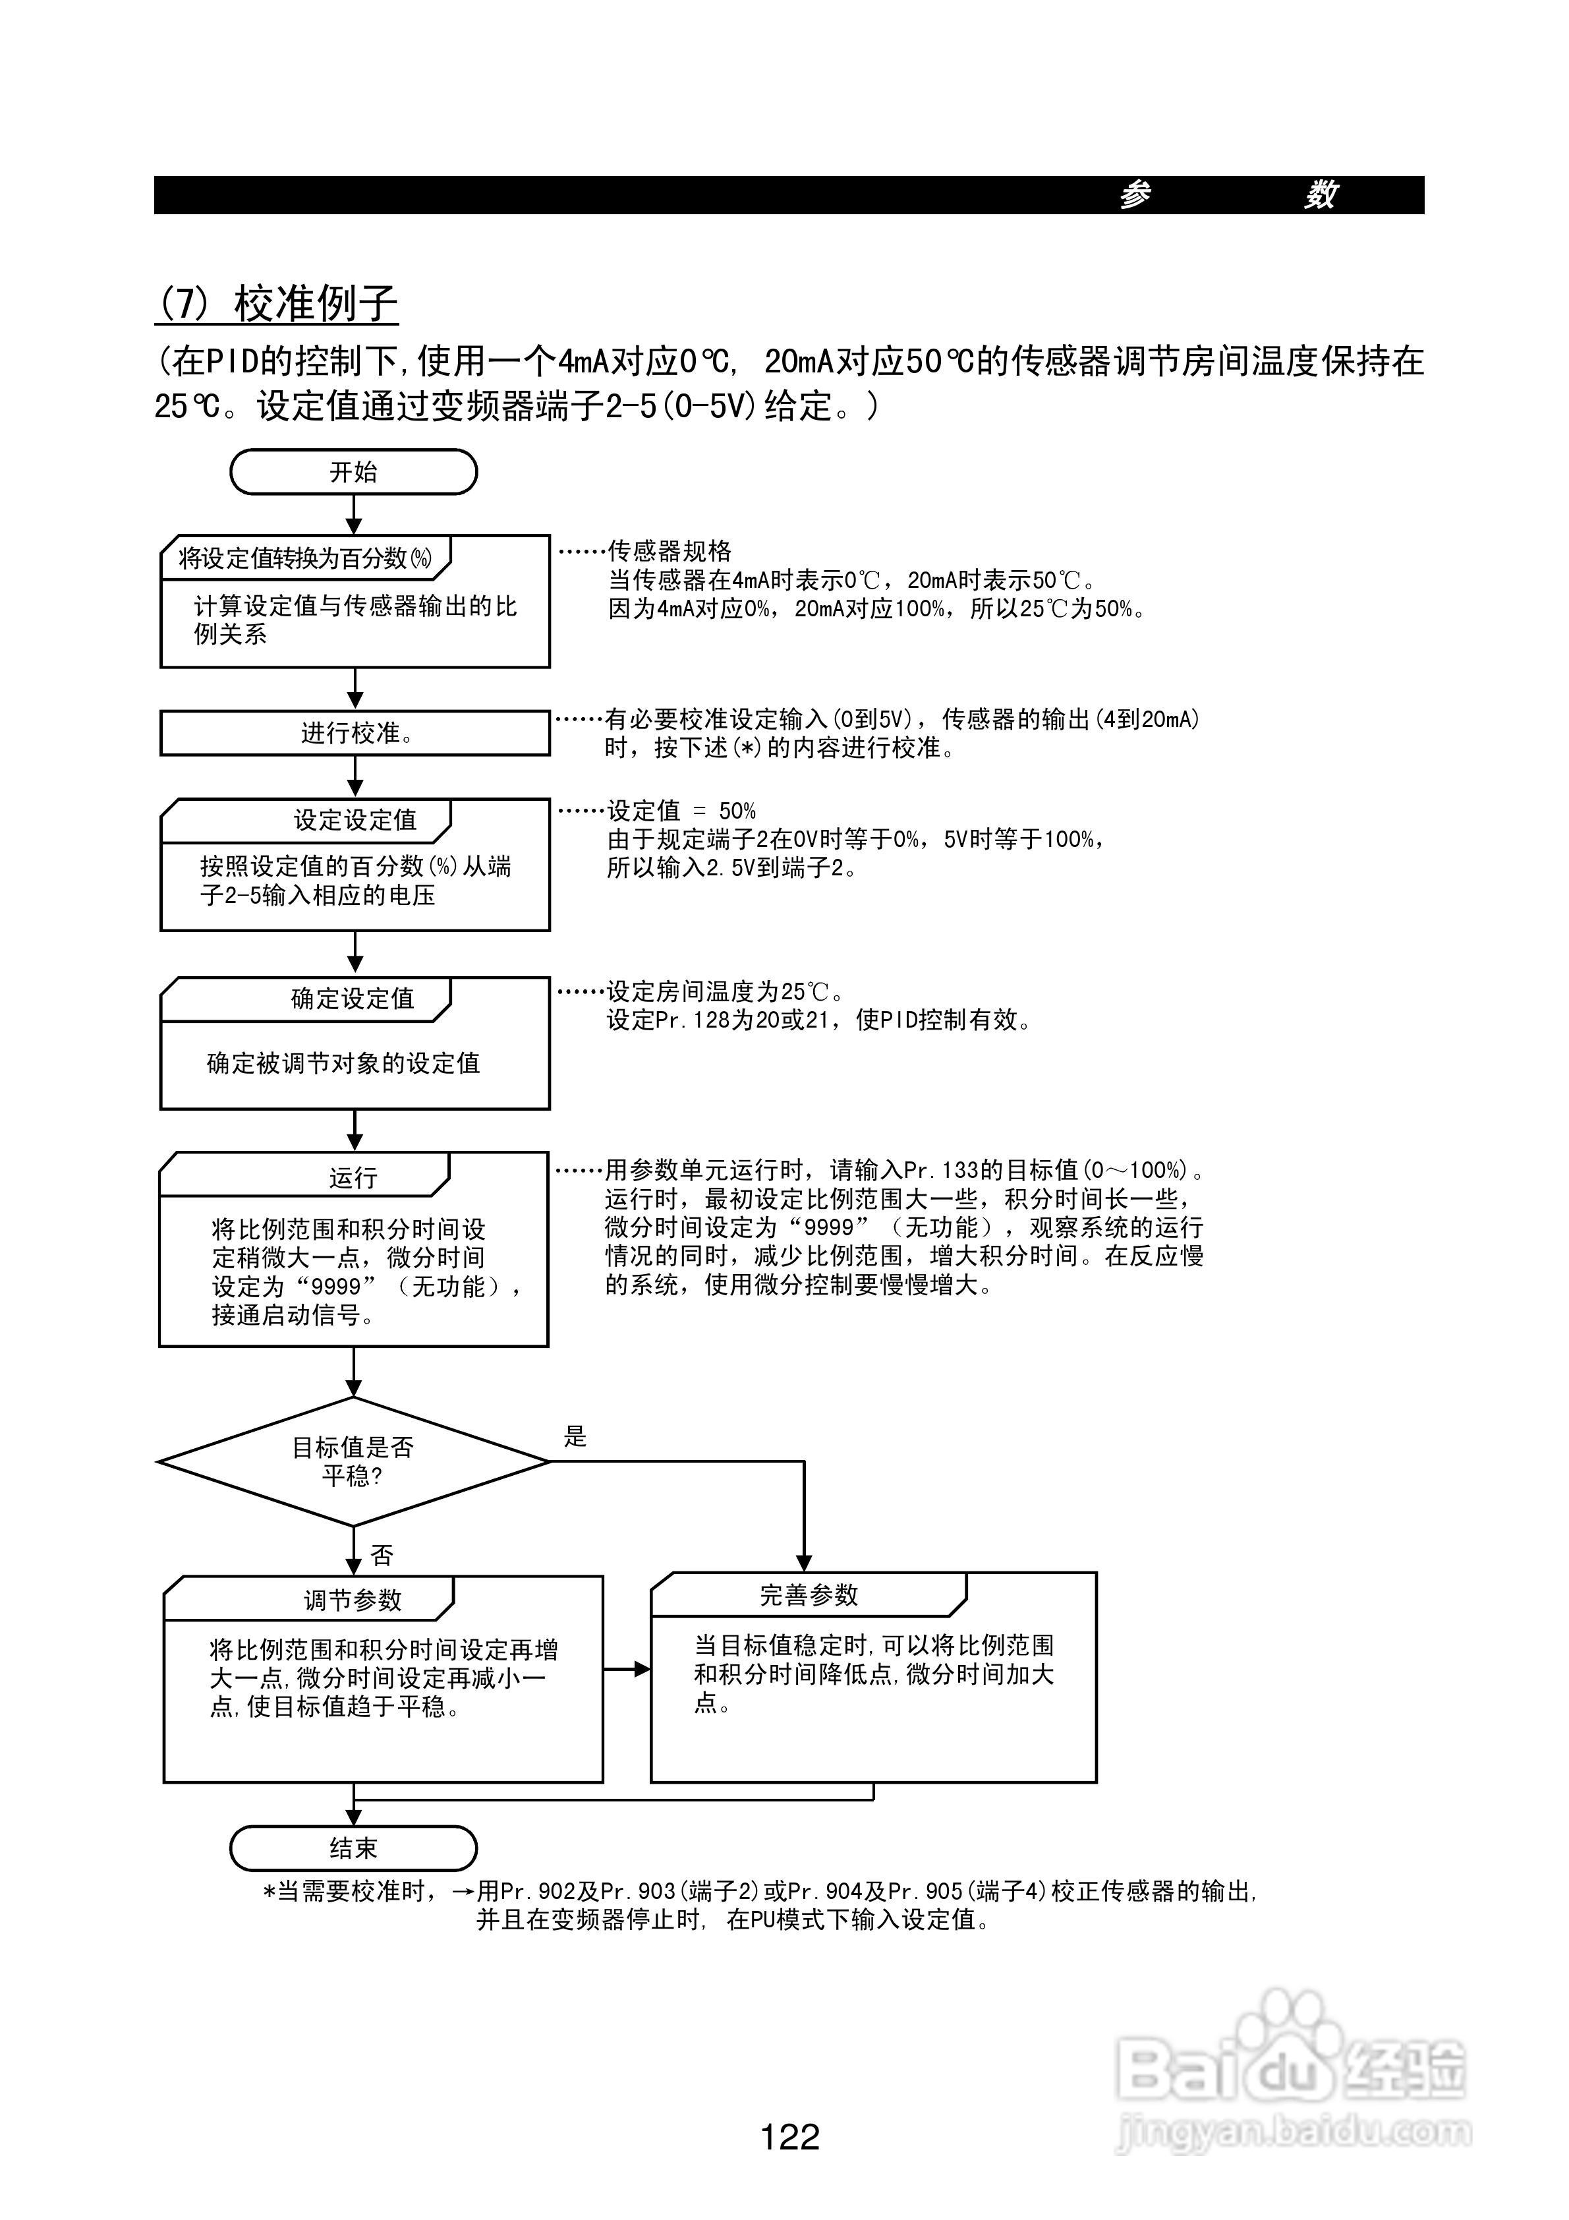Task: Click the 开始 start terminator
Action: [x=353, y=472]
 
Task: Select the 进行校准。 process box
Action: [x=355, y=733]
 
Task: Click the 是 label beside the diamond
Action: [x=575, y=1437]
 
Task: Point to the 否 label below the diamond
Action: [x=382, y=1556]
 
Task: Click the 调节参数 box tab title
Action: [x=352, y=1600]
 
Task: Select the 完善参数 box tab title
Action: [x=808, y=1595]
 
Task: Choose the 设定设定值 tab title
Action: [x=355, y=820]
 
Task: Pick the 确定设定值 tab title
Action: [x=352, y=999]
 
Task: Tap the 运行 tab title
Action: [x=352, y=1178]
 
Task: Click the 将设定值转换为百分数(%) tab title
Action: [x=304, y=558]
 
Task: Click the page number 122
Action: [x=790, y=2136]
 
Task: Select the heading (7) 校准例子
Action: [x=277, y=304]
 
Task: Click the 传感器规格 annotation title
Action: [x=669, y=551]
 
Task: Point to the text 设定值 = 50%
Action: [x=681, y=810]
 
